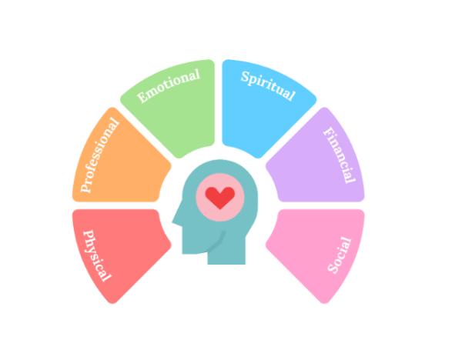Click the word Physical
pos(97,255)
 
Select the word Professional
pos(101,155)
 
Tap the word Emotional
pos(169,85)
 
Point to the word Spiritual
pos(268,86)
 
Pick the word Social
pos(340,255)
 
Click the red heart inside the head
pos(220,198)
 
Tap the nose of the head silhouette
pos(175,224)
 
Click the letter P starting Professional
pos(87,187)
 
